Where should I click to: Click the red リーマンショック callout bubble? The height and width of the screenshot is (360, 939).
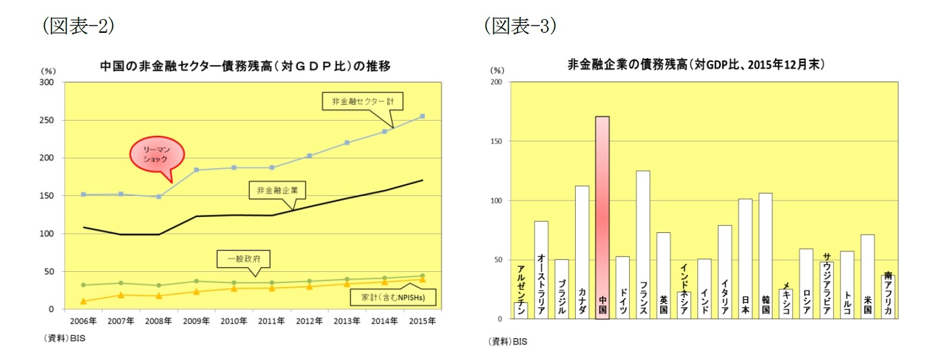pos(156,155)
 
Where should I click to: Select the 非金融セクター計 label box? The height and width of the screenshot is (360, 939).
pos(363,101)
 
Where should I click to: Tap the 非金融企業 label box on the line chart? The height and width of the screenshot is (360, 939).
pos(277,190)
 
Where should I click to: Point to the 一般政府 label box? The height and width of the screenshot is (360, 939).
pos(244,259)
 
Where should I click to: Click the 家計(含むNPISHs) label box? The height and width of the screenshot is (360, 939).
pos(393,297)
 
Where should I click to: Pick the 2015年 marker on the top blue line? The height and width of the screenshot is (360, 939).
pos(422,116)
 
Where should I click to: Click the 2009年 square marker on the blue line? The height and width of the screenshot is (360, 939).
pos(196,170)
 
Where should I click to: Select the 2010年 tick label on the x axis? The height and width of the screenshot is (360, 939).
pos(233,321)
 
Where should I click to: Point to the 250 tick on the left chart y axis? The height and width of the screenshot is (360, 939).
pos(46,120)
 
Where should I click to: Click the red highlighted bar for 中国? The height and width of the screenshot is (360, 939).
pos(602,218)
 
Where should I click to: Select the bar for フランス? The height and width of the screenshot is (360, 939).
pos(643,244)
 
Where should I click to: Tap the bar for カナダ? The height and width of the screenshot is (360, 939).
pos(582,252)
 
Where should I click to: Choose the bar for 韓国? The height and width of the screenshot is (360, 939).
pos(765,255)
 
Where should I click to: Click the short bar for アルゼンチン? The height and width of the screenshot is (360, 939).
pos(520,310)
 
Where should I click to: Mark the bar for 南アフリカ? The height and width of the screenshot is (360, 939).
pos(887,296)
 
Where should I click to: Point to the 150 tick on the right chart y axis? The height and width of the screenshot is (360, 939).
pos(496,141)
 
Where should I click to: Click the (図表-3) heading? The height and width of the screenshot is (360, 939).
pos(520,25)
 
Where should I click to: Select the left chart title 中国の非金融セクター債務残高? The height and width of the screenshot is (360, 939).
pos(245,66)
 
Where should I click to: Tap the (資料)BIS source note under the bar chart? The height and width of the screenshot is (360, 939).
pos(507,341)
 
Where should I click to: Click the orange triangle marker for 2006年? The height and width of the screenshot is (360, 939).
pos(83,301)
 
